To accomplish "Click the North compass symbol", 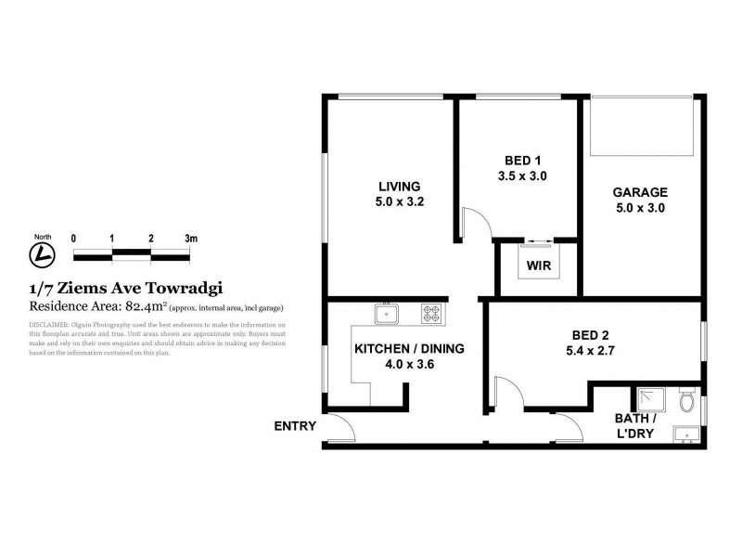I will point(42,253).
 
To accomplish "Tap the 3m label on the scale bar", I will point(191,239).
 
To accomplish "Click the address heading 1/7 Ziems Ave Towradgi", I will point(126,288).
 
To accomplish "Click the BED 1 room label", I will point(520,159).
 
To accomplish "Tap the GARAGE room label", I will point(639,192).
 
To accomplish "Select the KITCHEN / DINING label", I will point(409,349).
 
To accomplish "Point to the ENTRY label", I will point(295,427).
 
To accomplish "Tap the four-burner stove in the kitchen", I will point(432,314).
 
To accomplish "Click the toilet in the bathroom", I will point(687,402).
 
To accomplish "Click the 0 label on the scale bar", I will point(73,239).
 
